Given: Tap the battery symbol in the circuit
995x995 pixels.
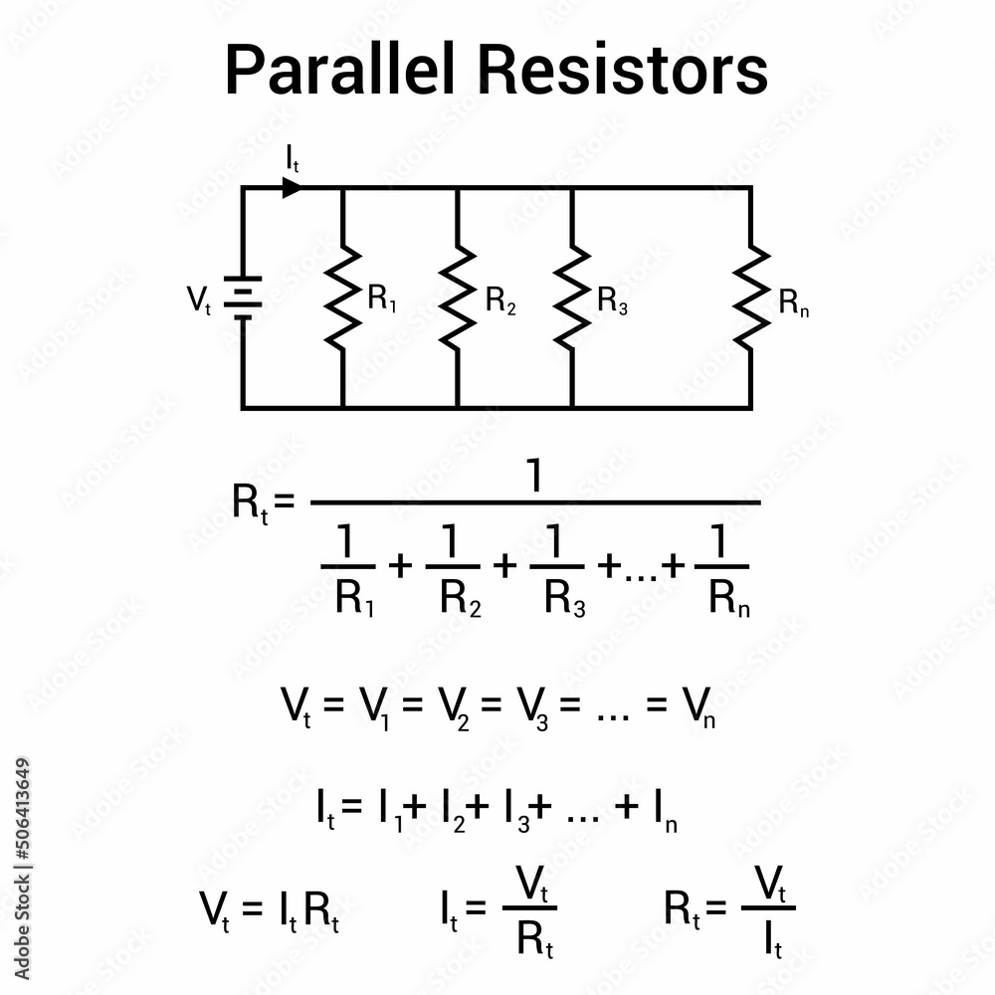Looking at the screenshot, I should [x=242, y=298].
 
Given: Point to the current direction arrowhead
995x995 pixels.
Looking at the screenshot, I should [x=292, y=186].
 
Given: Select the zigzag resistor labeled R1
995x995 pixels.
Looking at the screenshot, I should [x=342, y=298].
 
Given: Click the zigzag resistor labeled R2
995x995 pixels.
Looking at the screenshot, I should [x=457, y=298].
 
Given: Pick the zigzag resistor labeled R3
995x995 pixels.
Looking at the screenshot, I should [x=571, y=298].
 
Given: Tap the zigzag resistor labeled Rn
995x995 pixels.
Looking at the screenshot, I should [x=750, y=298].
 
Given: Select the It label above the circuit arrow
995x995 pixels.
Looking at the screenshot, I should [x=291, y=159].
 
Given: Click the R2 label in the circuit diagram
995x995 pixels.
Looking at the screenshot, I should [x=500, y=301].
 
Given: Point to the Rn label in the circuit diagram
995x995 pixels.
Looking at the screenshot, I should [x=794, y=302].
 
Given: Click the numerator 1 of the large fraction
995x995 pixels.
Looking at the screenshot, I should [x=535, y=479].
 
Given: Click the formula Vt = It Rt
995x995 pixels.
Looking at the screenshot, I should [x=270, y=908].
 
